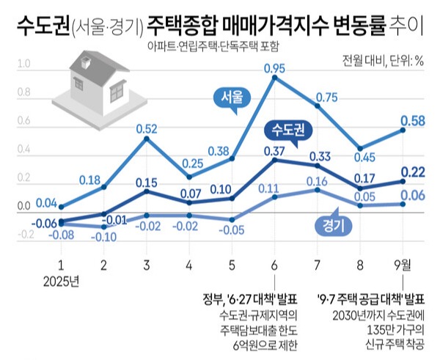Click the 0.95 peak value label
274,69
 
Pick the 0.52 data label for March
147,129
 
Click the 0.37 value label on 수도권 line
274,151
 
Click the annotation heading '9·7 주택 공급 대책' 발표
371,301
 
